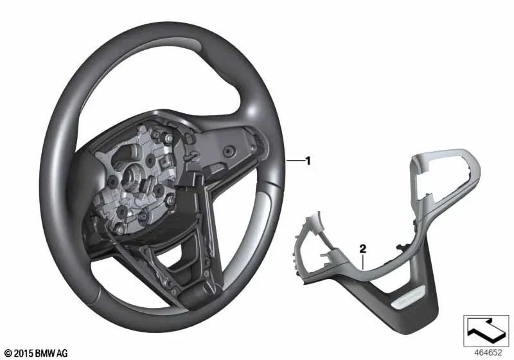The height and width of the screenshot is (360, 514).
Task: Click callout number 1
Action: [308, 161]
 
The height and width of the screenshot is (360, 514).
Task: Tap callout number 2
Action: [362, 249]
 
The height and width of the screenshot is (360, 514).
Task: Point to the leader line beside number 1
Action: [295, 160]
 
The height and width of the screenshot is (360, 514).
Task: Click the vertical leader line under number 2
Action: [363, 261]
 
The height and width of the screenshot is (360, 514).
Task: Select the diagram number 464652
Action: [488, 352]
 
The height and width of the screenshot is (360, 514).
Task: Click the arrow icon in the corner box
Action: [486, 330]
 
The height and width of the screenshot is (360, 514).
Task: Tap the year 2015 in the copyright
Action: [23, 354]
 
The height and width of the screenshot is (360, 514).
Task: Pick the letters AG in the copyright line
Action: [62, 354]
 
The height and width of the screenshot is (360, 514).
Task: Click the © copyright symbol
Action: [9, 354]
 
